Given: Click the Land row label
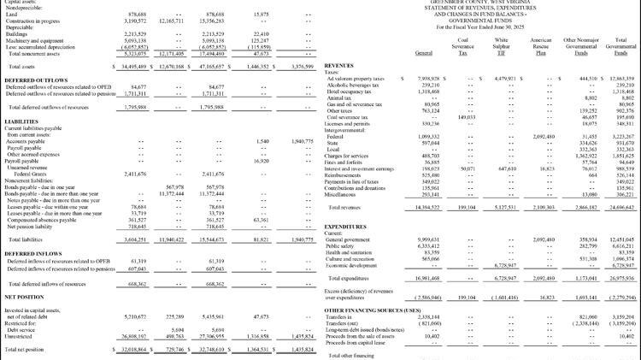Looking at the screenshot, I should pyautogui.click(x=11, y=15).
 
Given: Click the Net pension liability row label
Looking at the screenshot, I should pyautogui.click(x=29, y=225).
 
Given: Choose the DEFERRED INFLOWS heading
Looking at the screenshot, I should pyautogui.click(x=32, y=253).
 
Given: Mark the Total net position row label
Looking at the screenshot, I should pyautogui.click(x=28, y=350).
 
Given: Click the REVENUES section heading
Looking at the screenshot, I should pyautogui.click(x=340, y=65).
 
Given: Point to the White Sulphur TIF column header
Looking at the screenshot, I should pyautogui.click(x=501, y=44).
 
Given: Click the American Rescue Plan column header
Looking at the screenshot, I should pyautogui.click(x=541, y=44).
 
